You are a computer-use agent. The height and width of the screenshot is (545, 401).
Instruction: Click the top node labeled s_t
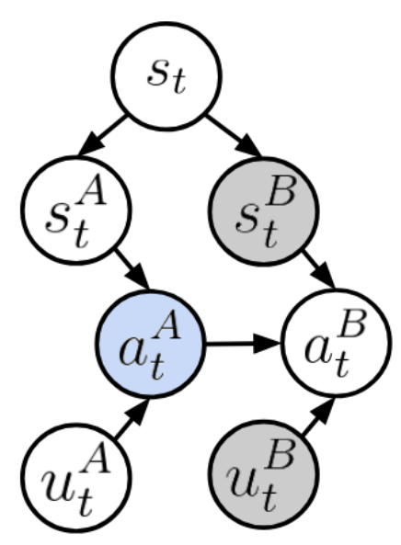(x=166, y=76)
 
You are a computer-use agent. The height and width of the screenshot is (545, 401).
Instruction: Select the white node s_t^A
(x=76, y=210)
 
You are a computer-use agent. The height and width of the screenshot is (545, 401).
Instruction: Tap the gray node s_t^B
(x=263, y=211)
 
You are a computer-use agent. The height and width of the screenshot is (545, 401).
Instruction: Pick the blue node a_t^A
(x=151, y=344)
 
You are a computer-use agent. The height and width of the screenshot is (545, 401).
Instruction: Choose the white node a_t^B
(x=337, y=344)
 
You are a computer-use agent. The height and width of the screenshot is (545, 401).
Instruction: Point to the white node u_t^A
(x=76, y=478)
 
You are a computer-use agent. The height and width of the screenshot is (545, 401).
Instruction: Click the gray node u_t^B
(x=263, y=475)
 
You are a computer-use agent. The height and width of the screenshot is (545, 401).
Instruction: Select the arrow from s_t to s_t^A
(x=102, y=135)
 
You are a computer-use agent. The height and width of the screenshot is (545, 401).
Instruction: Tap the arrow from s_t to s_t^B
(x=234, y=136)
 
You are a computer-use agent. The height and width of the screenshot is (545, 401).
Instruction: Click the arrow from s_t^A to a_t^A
(x=132, y=268)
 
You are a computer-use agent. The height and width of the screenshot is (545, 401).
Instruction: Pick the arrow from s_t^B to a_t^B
(x=318, y=269)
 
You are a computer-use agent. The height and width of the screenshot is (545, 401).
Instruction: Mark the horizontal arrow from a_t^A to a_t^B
(x=244, y=344)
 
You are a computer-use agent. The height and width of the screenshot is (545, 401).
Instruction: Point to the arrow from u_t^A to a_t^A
(x=132, y=418)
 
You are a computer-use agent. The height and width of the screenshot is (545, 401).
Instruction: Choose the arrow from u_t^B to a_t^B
(x=318, y=416)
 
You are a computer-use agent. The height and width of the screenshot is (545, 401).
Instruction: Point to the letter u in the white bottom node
(x=58, y=484)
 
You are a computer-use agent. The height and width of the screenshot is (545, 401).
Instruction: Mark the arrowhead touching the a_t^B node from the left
(x=268, y=344)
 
